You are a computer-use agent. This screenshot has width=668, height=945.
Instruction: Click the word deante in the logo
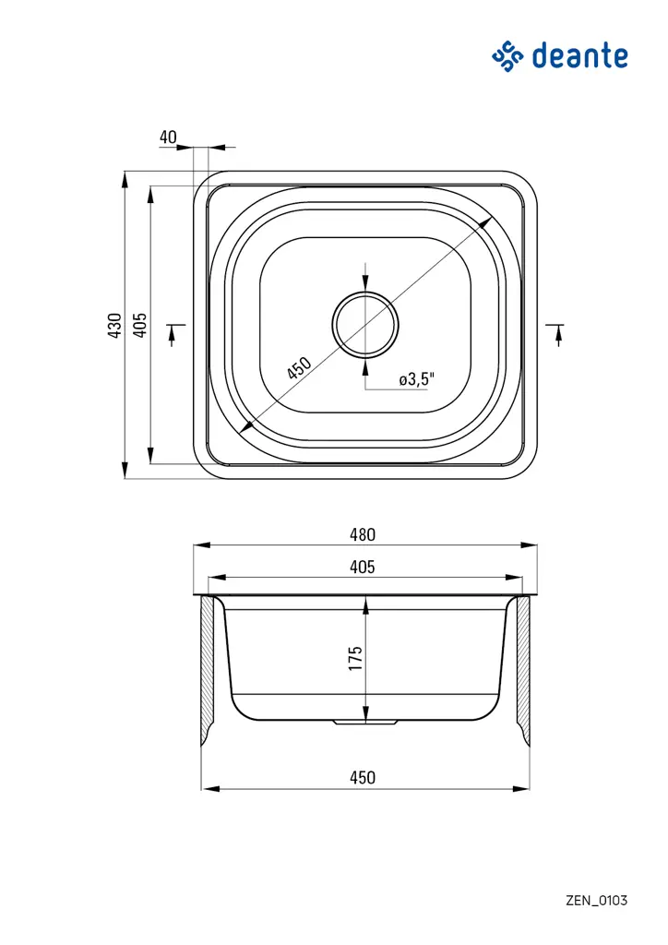click(x=579, y=56)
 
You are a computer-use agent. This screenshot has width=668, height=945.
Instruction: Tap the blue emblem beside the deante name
click(x=507, y=56)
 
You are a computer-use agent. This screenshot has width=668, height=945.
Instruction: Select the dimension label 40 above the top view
click(x=168, y=138)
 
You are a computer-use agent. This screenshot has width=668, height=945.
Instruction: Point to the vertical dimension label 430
click(x=114, y=326)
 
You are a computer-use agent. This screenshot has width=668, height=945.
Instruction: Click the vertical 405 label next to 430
click(x=139, y=326)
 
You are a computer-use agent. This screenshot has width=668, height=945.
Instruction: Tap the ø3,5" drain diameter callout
click(x=416, y=379)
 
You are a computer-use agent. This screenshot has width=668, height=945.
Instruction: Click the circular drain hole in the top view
click(x=366, y=325)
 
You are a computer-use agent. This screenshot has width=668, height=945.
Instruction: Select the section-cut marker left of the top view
click(x=174, y=333)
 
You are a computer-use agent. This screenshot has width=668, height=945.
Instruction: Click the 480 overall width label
click(x=363, y=534)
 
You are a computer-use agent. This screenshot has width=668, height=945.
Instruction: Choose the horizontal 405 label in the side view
click(x=363, y=568)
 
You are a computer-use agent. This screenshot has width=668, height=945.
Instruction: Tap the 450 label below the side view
click(x=363, y=778)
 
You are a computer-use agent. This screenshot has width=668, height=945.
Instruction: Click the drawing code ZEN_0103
click(x=596, y=900)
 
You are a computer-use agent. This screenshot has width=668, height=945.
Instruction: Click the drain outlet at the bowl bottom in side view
click(x=365, y=723)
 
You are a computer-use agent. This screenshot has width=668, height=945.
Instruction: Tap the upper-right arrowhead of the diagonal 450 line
click(x=487, y=222)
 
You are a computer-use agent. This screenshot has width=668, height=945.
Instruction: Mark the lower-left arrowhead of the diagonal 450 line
click(x=245, y=427)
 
